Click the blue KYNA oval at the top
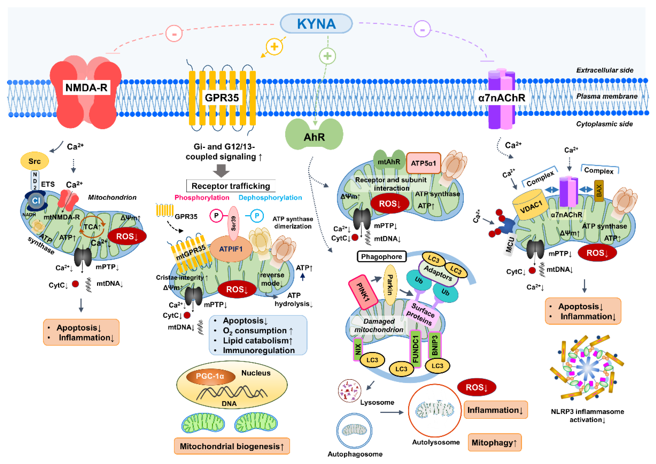tap(316, 24)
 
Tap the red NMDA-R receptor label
tap(86, 87)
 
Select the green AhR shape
tap(314, 134)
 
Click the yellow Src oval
tap(35, 161)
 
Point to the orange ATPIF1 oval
tap(231, 249)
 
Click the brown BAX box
tap(599, 191)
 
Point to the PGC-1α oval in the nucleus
tap(211, 376)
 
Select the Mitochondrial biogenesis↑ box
tap(232, 446)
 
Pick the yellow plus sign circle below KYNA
tap(274, 47)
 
